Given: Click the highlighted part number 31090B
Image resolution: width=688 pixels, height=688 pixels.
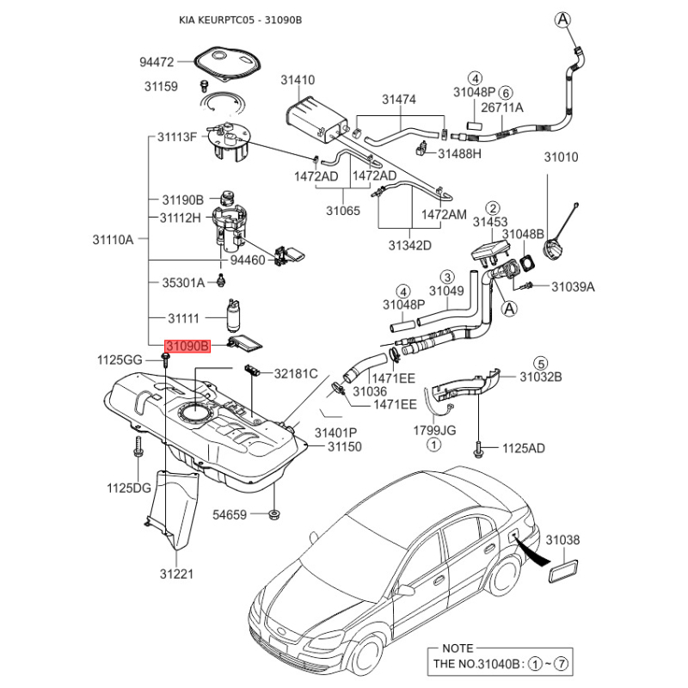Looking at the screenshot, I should (x=187, y=346).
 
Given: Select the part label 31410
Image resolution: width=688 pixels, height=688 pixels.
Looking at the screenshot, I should (x=298, y=80).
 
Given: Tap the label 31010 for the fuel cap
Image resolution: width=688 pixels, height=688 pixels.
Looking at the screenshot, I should (x=561, y=157).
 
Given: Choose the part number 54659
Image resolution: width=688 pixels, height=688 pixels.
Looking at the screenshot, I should (x=230, y=515).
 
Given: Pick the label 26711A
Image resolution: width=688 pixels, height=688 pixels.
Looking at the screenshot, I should (x=502, y=107).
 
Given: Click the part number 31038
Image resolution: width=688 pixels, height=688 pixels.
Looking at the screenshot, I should (x=564, y=540).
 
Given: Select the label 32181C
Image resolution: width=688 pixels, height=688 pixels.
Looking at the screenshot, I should (x=296, y=373).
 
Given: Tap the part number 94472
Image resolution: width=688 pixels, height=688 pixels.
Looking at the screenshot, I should (x=157, y=62).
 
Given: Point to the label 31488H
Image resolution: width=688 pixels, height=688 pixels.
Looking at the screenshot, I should (x=459, y=154).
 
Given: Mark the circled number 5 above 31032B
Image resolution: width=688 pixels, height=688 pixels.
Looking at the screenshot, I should (x=541, y=362).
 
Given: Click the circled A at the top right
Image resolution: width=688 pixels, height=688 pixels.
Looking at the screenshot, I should (x=562, y=19).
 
